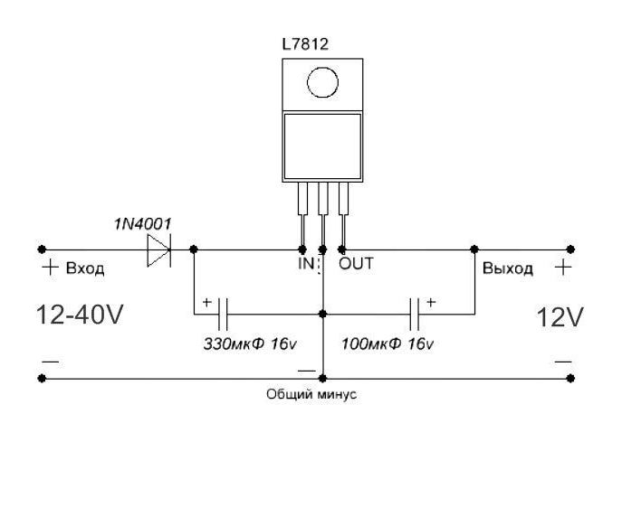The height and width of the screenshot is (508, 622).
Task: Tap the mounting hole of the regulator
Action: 321,83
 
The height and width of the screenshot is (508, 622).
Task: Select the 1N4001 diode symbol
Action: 160,249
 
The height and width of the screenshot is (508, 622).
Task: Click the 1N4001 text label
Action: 142,224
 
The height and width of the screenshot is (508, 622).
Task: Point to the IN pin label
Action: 305,265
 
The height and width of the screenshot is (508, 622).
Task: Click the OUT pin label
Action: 356,265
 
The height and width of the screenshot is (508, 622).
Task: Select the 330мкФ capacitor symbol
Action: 222,315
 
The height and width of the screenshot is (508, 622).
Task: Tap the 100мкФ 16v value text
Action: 388,344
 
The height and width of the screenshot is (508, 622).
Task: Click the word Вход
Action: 86,269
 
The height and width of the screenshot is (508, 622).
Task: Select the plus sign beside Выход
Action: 563,268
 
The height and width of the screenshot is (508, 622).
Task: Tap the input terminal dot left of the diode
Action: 41,249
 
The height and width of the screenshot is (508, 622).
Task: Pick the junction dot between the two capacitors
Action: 323,315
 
